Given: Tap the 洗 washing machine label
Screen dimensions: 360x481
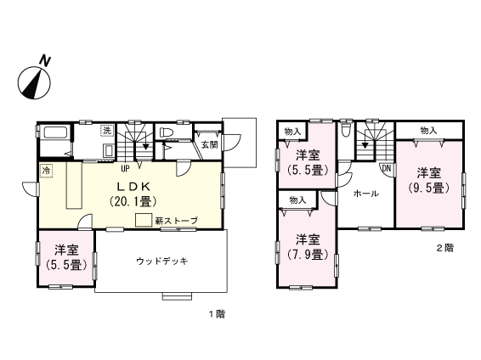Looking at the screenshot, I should click(x=107, y=131).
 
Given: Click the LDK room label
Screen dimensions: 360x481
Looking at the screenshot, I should click(x=130, y=185).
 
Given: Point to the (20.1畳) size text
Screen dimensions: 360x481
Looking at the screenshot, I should click(x=130, y=201).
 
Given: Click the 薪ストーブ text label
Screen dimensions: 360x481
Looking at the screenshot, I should click(x=176, y=221).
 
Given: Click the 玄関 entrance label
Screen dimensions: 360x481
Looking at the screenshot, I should click(x=209, y=144).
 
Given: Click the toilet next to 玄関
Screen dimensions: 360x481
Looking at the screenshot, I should click(x=167, y=134).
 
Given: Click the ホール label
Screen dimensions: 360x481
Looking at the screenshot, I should click(x=365, y=194).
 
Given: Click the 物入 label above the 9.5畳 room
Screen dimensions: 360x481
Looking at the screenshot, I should click(x=428, y=130).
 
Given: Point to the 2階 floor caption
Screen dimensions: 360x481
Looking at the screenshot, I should click(x=444, y=248).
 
